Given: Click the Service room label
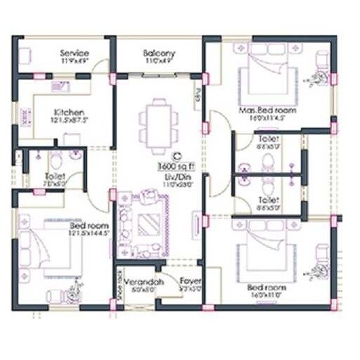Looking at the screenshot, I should (73, 53).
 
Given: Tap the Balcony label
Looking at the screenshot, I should (160, 53).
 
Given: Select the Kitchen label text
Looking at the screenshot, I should (70, 112).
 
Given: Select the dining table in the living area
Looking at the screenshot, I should (154, 125).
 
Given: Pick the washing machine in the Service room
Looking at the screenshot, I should (25, 55).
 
